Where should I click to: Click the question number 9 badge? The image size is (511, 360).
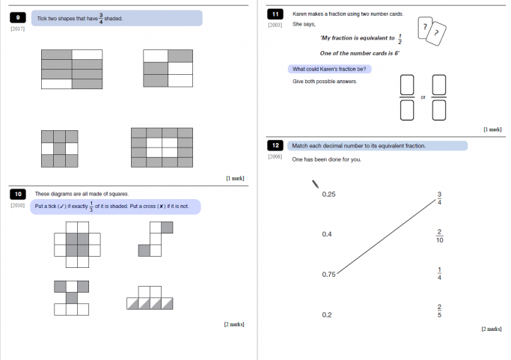pyautogui.click(x=18, y=18)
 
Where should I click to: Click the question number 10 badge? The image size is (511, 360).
pyautogui.click(x=18, y=194)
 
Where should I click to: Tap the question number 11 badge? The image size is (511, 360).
pyautogui.click(x=275, y=14)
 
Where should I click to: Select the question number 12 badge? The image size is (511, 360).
pyautogui.click(x=275, y=146)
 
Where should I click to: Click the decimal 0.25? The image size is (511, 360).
pyautogui.click(x=328, y=195)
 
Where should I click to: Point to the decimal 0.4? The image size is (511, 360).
pyautogui.click(x=326, y=235)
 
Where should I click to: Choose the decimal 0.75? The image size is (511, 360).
pyautogui.click(x=328, y=275)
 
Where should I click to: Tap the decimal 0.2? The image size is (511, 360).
pyautogui.click(x=326, y=315)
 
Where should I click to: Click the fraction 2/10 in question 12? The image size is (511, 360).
pyautogui.click(x=440, y=236)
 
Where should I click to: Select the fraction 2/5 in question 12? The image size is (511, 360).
pyautogui.click(x=440, y=311)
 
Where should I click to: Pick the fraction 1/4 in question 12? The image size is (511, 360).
pyautogui.click(x=440, y=274)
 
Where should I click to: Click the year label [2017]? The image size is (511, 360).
pyautogui.click(x=18, y=29)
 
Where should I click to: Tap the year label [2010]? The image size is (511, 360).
pyautogui.click(x=18, y=205)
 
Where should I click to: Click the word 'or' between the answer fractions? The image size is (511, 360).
pyautogui.click(x=423, y=97)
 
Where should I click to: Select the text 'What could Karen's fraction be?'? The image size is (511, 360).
pyautogui.click(x=329, y=70)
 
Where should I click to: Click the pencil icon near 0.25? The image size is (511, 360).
pyautogui.click(x=315, y=184)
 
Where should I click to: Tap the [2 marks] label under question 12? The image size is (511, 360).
pyautogui.click(x=491, y=329)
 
